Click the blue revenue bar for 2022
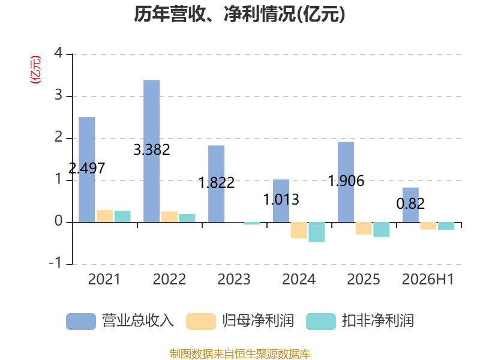point(152,151)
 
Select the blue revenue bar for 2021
point(87,170)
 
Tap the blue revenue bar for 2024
point(281,201)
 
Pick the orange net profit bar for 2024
point(299,230)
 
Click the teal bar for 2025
point(382,230)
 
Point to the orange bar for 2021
point(104,216)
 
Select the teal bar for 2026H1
point(446,226)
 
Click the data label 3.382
point(152,149)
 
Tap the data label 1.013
point(281,200)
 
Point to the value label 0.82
point(410,203)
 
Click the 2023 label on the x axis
point(234,279)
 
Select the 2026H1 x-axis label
point(428,279)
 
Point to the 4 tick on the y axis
point(58,53)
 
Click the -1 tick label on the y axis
point(56,263)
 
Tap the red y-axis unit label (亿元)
point(35,70)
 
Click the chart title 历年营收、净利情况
point(239,14)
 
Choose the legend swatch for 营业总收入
point(81,322)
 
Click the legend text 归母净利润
point(258,321)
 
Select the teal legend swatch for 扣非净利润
point(321,322)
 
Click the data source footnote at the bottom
point(240,353)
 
